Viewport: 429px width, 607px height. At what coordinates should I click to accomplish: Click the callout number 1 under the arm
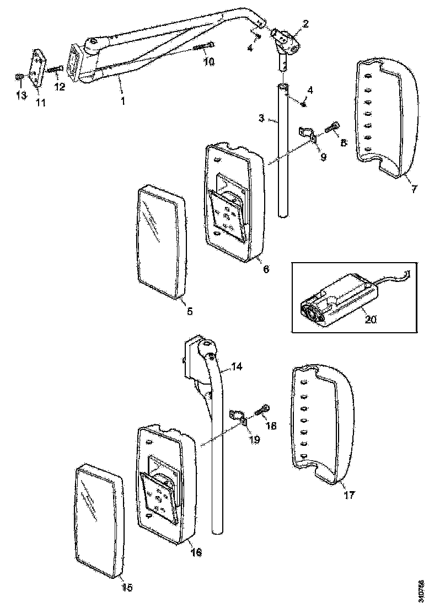pos(123,101)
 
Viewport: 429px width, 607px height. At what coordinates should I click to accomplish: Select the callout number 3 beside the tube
pos(261,118)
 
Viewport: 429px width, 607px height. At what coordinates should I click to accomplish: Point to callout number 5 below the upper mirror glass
pos(189,311)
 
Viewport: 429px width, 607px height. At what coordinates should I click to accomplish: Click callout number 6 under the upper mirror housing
pos(266,269)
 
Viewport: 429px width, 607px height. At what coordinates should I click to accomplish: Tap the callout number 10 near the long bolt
pos(209,62)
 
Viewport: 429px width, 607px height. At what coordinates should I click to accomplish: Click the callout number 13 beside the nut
pos(20,96)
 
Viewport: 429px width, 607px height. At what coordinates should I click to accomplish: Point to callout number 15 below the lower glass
pos(127,587)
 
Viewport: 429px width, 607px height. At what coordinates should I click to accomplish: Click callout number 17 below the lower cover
pos(350,495)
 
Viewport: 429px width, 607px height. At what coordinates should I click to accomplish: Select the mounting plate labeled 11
pos(38,68)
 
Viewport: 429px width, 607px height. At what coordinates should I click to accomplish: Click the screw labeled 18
pos(264,411)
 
